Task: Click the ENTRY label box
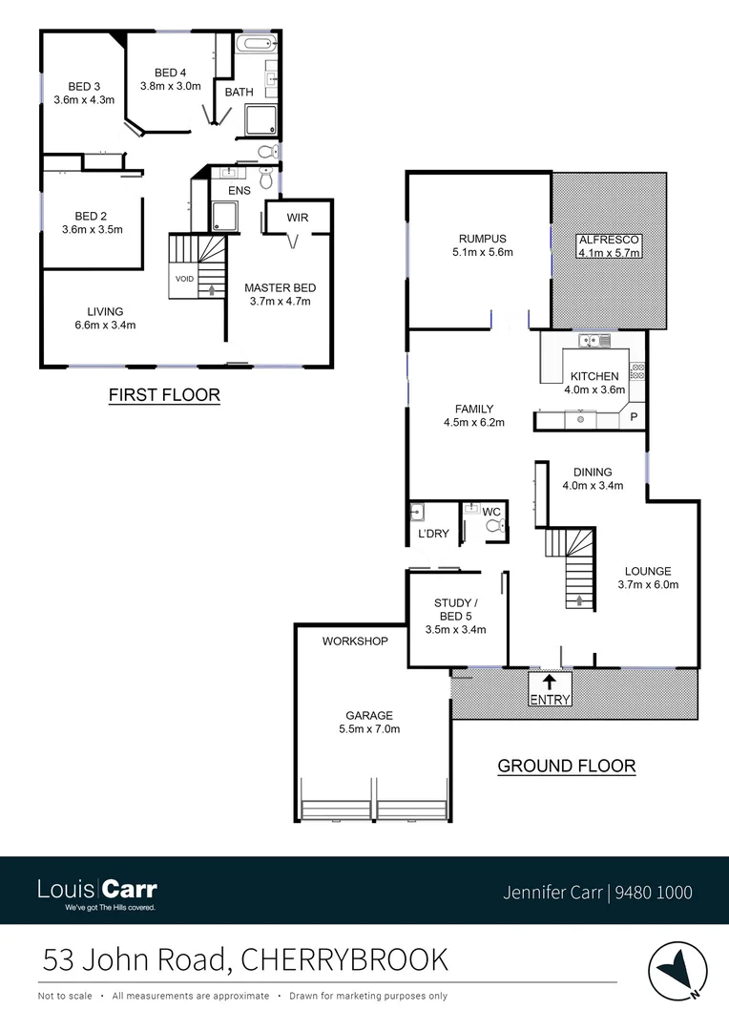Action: pyautogui.click(x=550, y=700)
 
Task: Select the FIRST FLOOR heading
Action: pyautogui.click(x=164, y=394)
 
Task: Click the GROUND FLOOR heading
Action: pyautogui.click(x=567, y=766)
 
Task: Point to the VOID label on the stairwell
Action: pyautogui.click(x=184, y=279)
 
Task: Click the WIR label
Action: pyautogui.click(x=298, y=219)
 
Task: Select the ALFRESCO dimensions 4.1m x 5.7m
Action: pyautogui.click(x=608, y=252)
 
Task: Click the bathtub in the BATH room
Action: pyautogui.click(x=255, y=44)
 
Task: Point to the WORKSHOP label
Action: pyautogui.click(x=355, y=642)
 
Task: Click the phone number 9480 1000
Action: pyautogui.click(x=655, y=894)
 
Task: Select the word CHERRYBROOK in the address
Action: pyautogui.click(x=344, y=958)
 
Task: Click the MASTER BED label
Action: pyautogui.click(x=280, y=287)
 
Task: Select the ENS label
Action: pyautogui.click(x=239, y=191)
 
